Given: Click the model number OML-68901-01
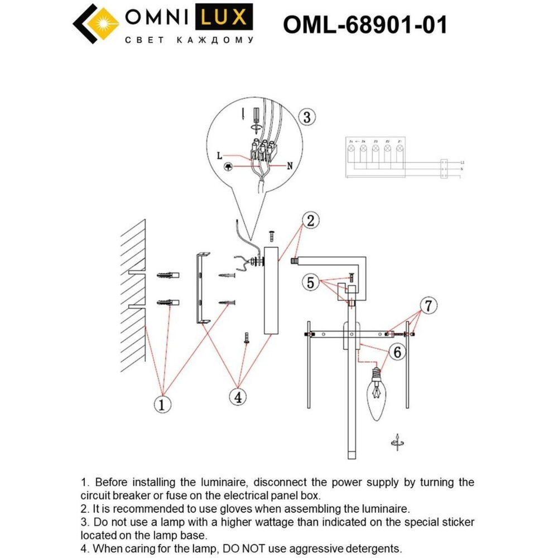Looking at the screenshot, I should pos(365,25).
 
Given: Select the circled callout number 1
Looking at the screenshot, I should pos(162,404).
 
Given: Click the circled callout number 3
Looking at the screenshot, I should pos(307,118).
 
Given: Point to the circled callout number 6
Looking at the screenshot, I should pos(396,352).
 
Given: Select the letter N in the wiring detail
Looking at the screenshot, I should pos(290,165).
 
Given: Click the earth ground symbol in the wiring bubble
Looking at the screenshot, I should pos(228,167).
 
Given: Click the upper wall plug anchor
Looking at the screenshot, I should pos(167,276).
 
